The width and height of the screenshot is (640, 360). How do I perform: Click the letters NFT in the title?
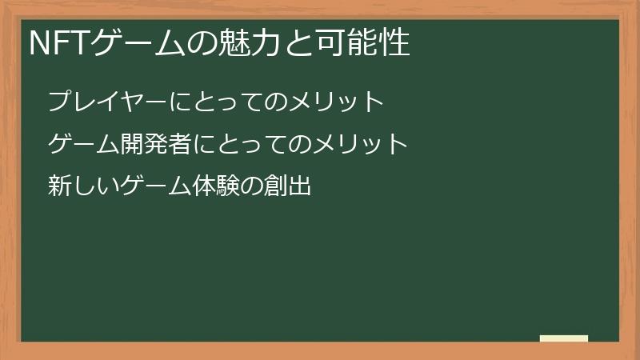[x=58, y=44]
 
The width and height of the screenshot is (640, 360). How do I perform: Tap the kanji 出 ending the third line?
[x=300, y=188]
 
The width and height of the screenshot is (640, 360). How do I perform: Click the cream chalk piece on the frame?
[x=563, y=338]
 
